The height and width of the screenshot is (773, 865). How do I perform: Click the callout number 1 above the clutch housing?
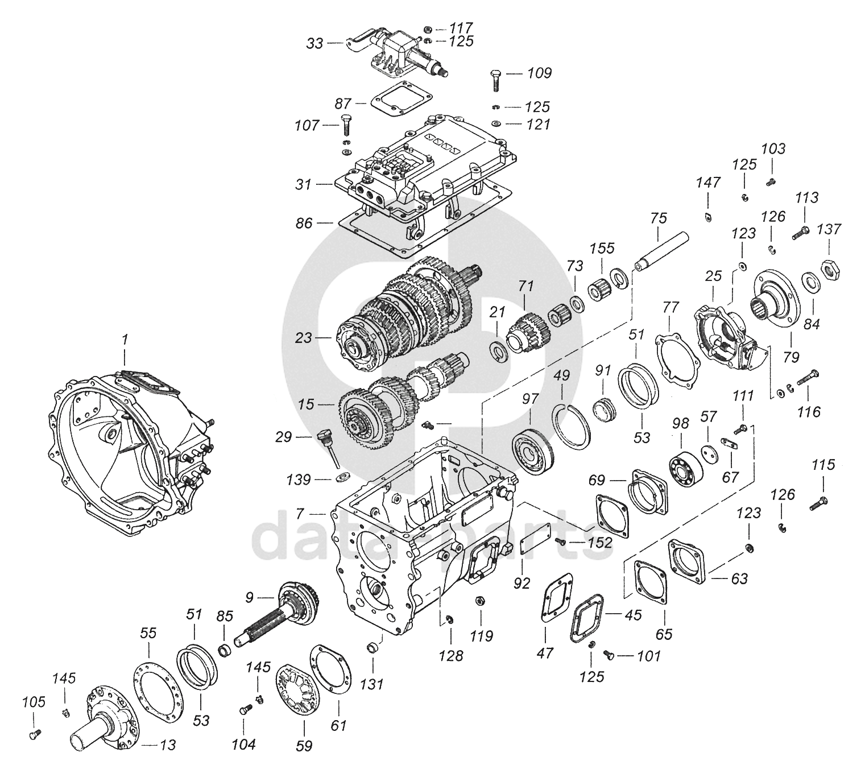125,340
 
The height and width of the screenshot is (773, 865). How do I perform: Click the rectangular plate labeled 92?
534,544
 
